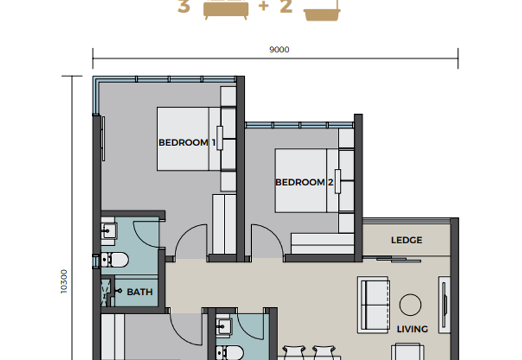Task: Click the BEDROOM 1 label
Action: (x=187, y=143)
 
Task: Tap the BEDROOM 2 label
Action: (x=304, y=183)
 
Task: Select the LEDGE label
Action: (x=407, y=240)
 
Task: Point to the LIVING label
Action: (x=412, y=329)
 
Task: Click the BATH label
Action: (x=140, y=292)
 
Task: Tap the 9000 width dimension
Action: (x=279, y=50)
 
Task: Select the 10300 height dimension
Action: (x=63, y=282)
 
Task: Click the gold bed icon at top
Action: (x=226, y=10)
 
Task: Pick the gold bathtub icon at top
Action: (x=322, y=13)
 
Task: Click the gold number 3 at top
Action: (x=184, y=7)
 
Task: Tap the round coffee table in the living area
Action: (x=410, y=305)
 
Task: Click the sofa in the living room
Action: (x=373, y=305)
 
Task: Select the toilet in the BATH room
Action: (x=115, y=260)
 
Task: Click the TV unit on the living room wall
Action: (x=444, y=305)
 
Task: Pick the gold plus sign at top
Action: (x=264, y=6)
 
